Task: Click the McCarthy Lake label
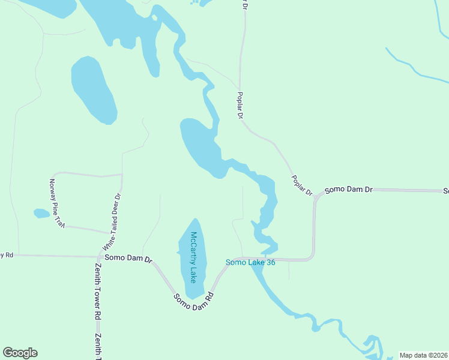tap(193, 257)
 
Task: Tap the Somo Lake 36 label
tap(250, 262)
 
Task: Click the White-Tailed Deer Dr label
tap(112, 221)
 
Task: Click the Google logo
tap(20, 353)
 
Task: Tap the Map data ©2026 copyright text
tap(424, 355)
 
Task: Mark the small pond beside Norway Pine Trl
tap(41, 213)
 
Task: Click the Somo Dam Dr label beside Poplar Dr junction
tap(349, 190)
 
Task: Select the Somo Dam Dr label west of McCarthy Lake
tap(128, 258)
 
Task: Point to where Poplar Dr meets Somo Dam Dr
tap(315, 196)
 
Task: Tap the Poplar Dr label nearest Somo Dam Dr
tap(302, 185)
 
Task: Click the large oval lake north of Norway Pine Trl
tap(93, 90)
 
